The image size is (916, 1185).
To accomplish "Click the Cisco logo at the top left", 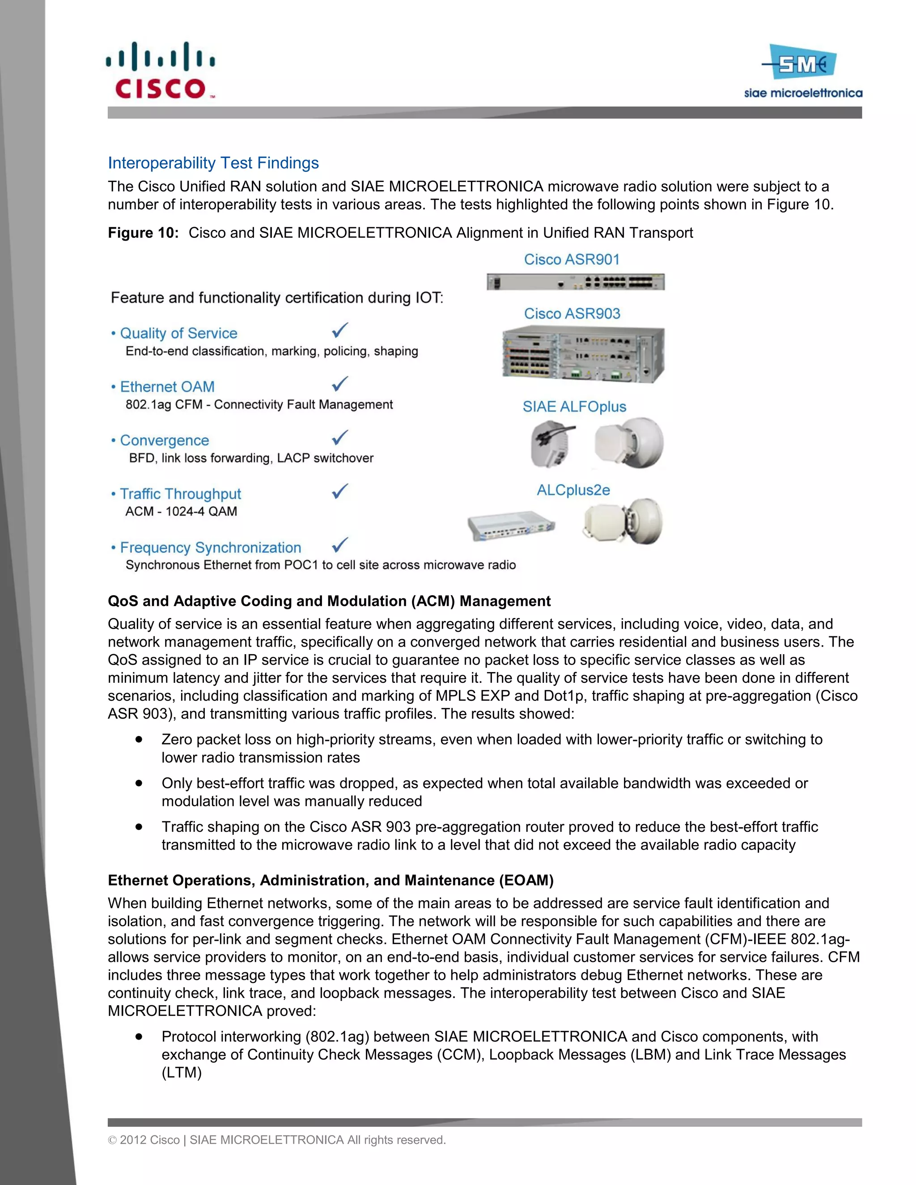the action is (161, 71).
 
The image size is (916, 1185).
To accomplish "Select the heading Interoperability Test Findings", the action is (213, 163).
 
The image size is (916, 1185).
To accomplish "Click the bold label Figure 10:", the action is (143, 233).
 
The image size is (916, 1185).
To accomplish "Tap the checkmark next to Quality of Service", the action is (340, 330).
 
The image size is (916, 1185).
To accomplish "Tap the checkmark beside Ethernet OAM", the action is (340, 384).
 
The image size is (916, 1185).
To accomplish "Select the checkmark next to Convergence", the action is (340, 437).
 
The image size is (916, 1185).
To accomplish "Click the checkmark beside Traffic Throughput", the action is (340, 491).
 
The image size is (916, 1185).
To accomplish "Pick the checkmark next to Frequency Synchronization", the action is (340, 544).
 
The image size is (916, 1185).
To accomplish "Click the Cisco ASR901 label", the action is (572, 259).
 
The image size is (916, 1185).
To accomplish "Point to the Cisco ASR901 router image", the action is (575, 282).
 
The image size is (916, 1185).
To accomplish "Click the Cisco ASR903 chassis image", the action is (583, 354).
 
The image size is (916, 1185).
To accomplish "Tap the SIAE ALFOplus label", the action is (574, 406).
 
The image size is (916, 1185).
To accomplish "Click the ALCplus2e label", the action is (573, 490).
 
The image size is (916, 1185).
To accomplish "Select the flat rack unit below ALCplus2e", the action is (511, 526).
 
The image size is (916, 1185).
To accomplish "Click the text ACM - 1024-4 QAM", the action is (181, 511).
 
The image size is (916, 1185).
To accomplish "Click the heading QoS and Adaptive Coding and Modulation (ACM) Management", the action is (329, 601).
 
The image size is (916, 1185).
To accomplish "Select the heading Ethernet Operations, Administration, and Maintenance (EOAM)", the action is (331, 880).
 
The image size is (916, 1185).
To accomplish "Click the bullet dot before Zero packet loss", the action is (140, 739).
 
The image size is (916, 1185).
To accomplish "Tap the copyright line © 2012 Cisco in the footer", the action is (277, 1140).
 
